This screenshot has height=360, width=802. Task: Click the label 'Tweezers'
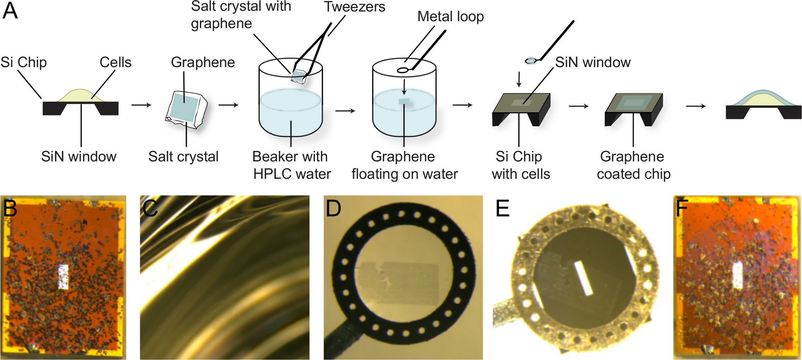point(354,7)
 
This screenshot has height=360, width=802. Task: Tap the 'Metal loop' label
point(450,16)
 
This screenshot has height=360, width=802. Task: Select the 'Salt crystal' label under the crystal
point(183,156)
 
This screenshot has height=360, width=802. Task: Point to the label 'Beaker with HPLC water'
point(291,165)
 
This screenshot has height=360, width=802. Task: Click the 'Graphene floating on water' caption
point(404,165)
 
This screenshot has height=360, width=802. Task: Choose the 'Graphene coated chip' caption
point(633,165)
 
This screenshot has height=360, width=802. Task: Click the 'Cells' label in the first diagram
point(115,62)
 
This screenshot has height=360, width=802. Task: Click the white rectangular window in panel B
point(63,276)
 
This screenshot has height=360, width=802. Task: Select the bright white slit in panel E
point(583,278)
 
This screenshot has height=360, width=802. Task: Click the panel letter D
point(333,208)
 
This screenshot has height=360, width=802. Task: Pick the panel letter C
point(150,208)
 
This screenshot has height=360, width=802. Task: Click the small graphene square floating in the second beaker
point(403,101)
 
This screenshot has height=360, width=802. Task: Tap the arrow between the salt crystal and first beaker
point(229,105)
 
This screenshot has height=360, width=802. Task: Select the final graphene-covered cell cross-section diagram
point(763,105)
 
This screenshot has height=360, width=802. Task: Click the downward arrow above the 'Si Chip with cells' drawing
point(519,79)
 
